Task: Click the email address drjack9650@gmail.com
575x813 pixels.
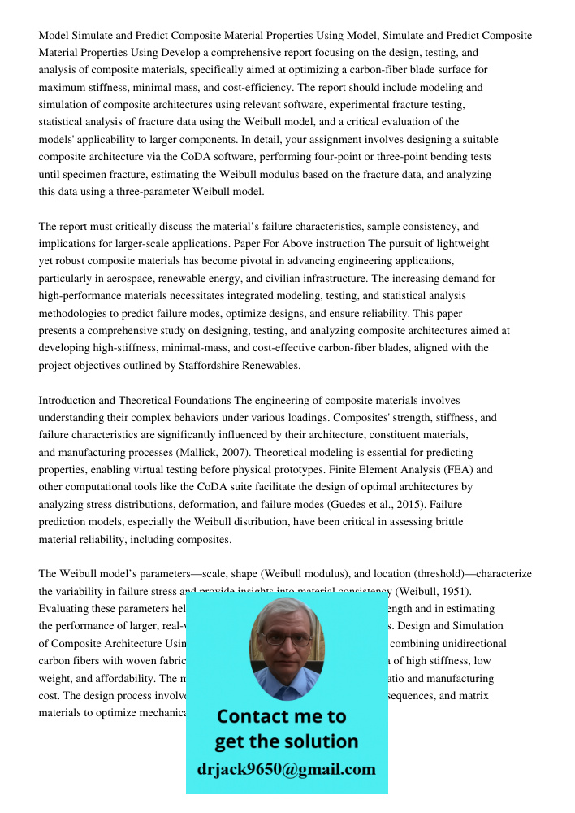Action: tap(286, 769)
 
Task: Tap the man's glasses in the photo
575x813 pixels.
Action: tap(287, 639)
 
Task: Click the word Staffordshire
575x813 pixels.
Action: tap(195, 365)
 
